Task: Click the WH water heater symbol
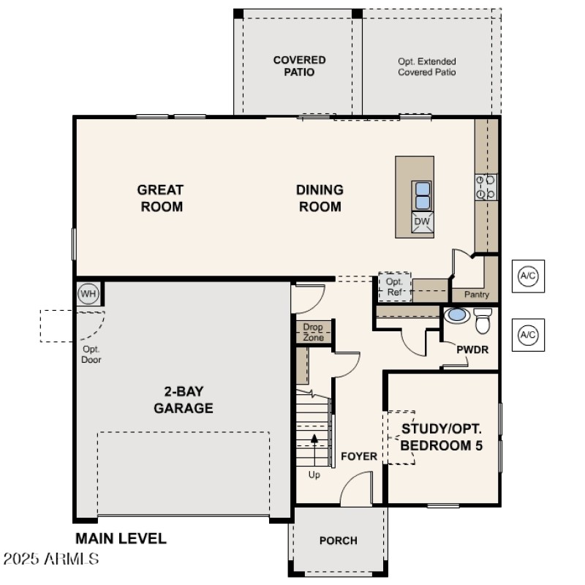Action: click(88, 294)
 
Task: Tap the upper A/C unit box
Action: click(527, 276)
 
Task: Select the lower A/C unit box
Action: click(527, 335)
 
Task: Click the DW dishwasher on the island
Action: click(422, 222)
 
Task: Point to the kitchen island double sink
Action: click(423, 195)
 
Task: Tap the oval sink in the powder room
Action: click(457, 315)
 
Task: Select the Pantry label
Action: click(477, 295)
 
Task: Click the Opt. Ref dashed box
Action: click(395, 287)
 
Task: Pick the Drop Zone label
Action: click(314, 333)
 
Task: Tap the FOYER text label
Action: click(359, 456)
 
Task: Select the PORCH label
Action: click(339, 540)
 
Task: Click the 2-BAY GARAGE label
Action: click(184, 399)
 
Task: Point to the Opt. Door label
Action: click(91, 354)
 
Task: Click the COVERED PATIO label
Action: click(299, 66)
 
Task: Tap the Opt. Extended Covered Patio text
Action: click(427, 67)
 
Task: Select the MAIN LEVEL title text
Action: click(121, 539)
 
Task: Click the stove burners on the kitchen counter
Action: click(486, 186)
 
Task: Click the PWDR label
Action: click(472, 350)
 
